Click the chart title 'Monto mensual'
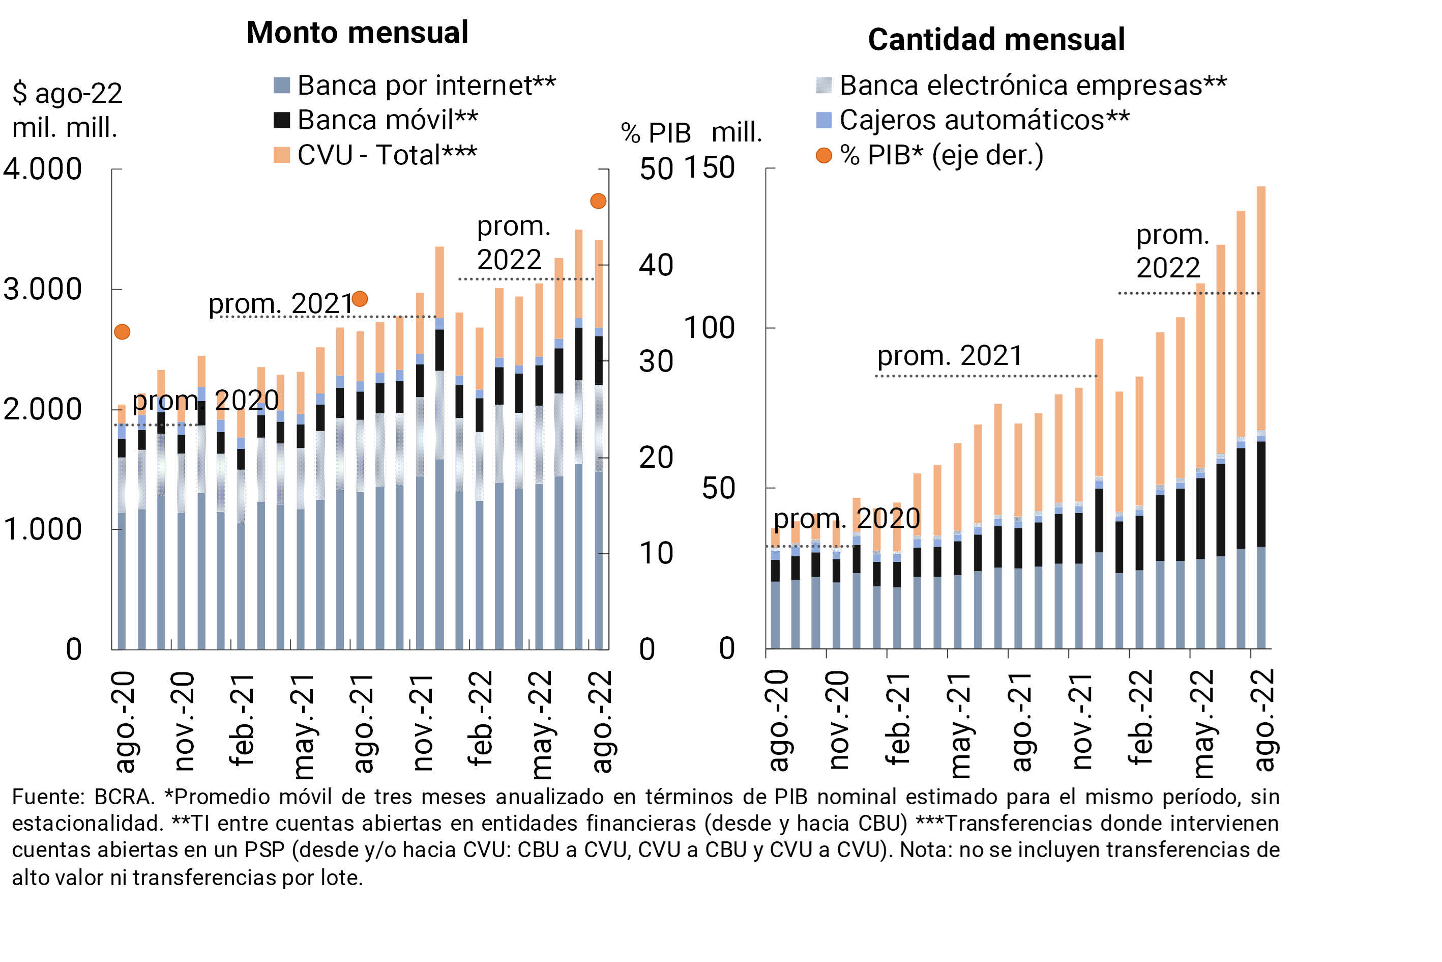pyautogui.click(x=357, y=33)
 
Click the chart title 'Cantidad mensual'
pyautogui.click(x=996, y=39)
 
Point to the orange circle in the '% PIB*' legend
pyautogui.click(x=824, y=156)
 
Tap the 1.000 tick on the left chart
pyautogui.click(x=42, y=529)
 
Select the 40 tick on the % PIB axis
pyautogui.click(x=656, y=265)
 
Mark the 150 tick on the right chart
pyautogui.click(x=710, y=167)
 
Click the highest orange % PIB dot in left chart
pyautogui.click(x=598, y=201)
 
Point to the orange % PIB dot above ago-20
pyautogui.click(x=123, y=332)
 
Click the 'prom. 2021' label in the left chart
pyautogui.click(x=281, y=304)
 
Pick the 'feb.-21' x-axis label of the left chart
pyautogui.click(x=242, y=720)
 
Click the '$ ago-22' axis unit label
pyautogui.click(x=68, y=93)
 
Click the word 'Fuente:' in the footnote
pyautogui.click(x=49, y=797)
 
